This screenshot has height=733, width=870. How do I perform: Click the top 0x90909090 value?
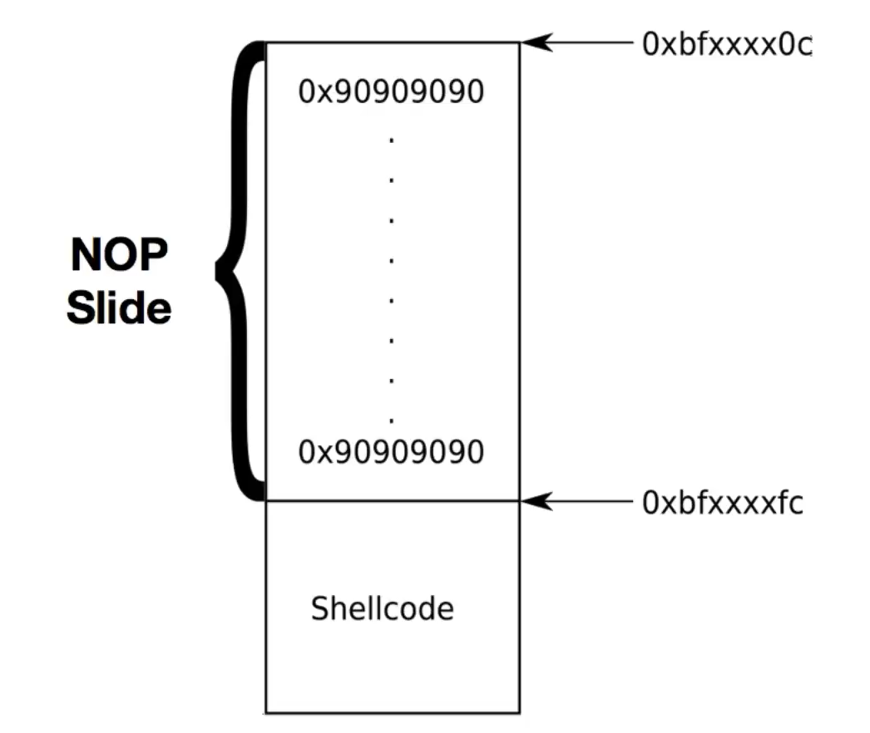pyautogui.click(x=391, y=92)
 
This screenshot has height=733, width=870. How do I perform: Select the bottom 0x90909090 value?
pyautogui.click(x=391, y=453)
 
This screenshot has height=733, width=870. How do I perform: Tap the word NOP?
pyautogui.click(x=118, y=255)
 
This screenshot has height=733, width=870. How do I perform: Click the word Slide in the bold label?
pyautogui.click(x=119, y=308)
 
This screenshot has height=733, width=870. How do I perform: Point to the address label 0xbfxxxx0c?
pyautogui.click(x=725, y=45)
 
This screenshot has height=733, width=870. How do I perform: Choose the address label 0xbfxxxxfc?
pyautogui.click(x=722, y=503)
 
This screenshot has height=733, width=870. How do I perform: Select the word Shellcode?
pyautogui.click(x=383, y=609)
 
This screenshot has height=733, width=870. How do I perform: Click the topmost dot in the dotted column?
pyautogui.click(x=391, y=140)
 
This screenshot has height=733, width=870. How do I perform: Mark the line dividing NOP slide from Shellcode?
pyautogui.click(x=392, y=501)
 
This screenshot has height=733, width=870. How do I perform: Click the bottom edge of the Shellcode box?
pyautogui.click(x=392, y=713)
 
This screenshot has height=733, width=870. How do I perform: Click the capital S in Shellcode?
pyautogui.click(x=319, y=609)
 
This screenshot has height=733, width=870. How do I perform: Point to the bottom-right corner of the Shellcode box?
pyautogui.click(x=519, y=713)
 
